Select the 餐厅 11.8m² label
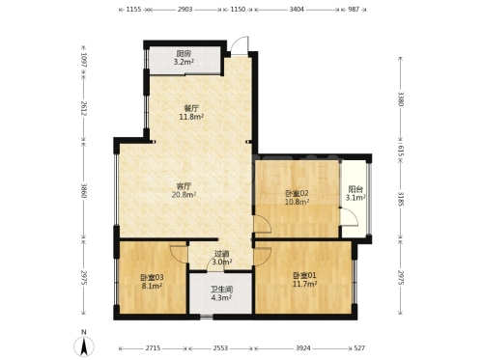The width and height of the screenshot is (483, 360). coord(191,112)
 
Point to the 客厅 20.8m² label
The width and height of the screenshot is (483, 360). coord(185,190)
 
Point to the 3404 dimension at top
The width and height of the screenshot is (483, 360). coord(297,10)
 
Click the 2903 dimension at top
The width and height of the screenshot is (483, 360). coord(185,10)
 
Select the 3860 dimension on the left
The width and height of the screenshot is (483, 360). coord(84,190)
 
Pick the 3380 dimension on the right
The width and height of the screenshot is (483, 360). coord(400,98)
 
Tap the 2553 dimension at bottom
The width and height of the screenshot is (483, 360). coord(220,348)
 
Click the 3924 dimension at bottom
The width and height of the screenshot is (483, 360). coord(303,348)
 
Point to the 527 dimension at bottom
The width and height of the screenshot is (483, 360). coord(359,348)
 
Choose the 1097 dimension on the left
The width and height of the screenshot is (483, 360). coord(84,60)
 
